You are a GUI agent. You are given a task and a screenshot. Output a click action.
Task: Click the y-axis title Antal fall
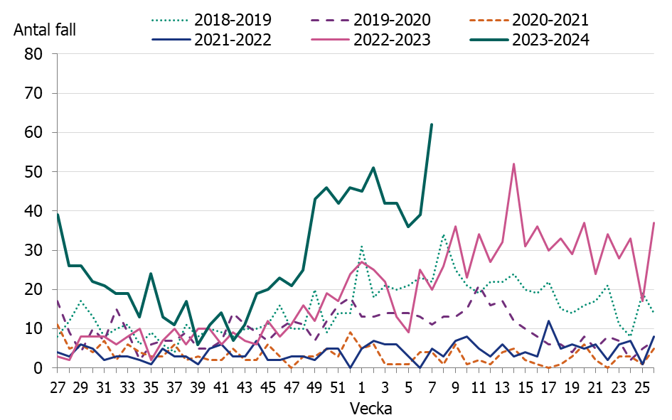tap(44, 30)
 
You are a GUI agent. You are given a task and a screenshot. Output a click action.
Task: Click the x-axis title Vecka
tap(369, 409)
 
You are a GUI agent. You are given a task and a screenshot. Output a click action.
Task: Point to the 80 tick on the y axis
tap(34, 54)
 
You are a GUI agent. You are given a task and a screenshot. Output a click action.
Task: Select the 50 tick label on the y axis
tap(34, 172)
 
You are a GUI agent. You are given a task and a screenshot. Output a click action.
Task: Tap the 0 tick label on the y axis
tap(39, 368)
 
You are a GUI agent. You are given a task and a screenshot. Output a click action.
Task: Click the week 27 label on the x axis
tap(58, 387)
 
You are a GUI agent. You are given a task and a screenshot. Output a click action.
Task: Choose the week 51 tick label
tap(338, 387)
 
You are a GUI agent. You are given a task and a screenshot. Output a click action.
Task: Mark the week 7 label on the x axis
tap(432, 387)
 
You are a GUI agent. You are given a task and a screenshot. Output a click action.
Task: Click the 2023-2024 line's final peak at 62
tap(432, 124)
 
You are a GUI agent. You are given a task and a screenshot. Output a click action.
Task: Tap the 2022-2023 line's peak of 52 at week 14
tap(513, 164)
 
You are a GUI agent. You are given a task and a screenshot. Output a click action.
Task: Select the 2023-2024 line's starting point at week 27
tap(58, 215)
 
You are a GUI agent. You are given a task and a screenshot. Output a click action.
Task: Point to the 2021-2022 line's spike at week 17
tap(548, 321)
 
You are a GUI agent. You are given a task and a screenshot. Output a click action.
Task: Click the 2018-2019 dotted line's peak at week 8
tap(443, 235)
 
